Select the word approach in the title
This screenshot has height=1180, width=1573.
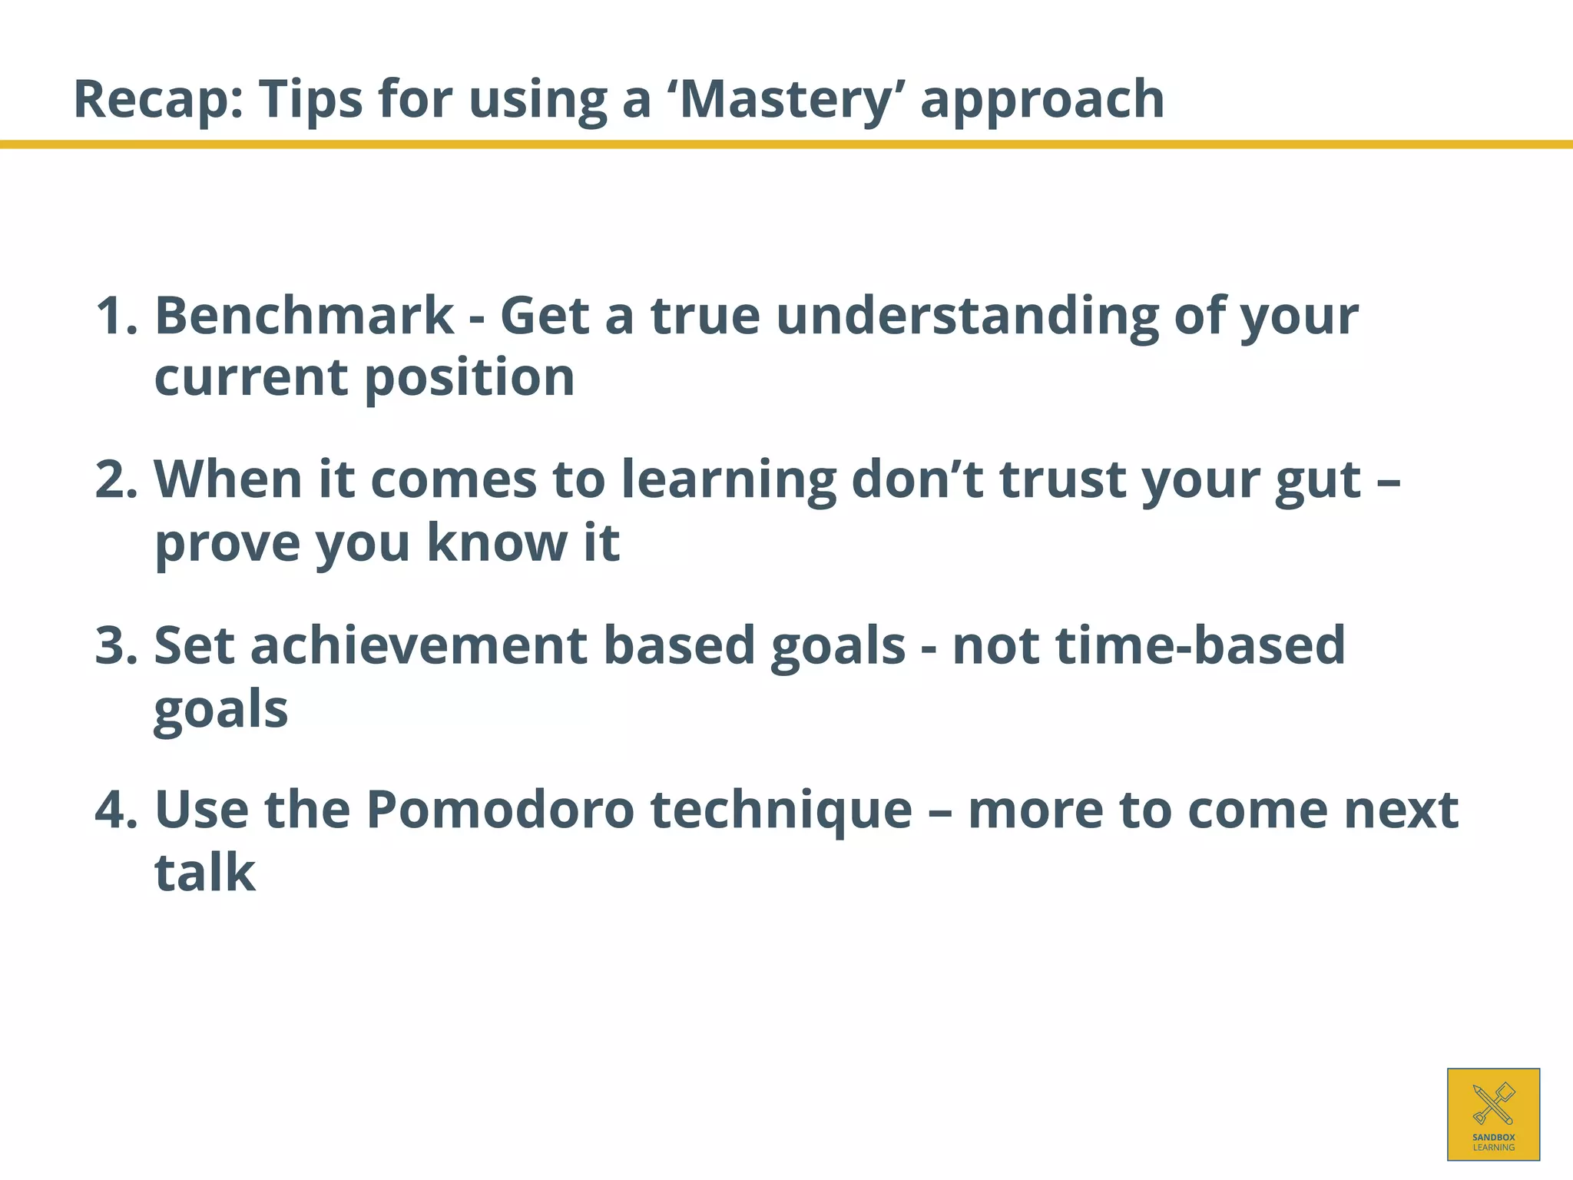[1042, 100]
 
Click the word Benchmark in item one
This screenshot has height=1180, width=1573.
[304, 316]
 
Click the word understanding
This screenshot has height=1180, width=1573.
[967, 316]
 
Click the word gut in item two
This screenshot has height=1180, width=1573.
[1318, 479]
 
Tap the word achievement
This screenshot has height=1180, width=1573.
[419, 645]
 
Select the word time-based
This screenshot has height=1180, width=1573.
[1200, 645]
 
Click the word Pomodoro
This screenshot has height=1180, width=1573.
[500, 810]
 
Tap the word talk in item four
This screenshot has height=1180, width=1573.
[204, 873]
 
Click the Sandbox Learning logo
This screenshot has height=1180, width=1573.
[1493, 1114]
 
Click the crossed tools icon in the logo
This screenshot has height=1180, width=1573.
[1493, 1103]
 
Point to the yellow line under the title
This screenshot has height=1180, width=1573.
[786, 144]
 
